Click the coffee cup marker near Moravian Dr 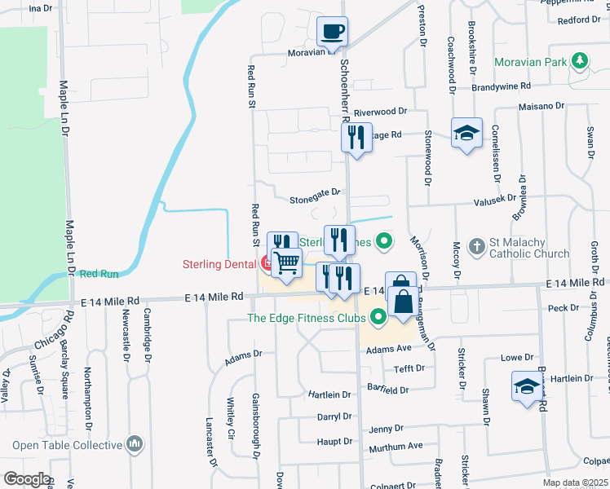tap(332, 32)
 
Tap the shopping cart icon tap(287, 263)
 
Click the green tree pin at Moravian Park tap(580, 60)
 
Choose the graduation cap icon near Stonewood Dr tap(467, 133)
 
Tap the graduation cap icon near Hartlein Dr tap(527, 385)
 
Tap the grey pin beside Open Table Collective tap(135, 444)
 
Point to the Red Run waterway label tap(99, 275)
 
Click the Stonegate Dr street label tap(314, 199)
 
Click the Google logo tap(27, 479)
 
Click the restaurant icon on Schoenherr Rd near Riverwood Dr tap(356, 138)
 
